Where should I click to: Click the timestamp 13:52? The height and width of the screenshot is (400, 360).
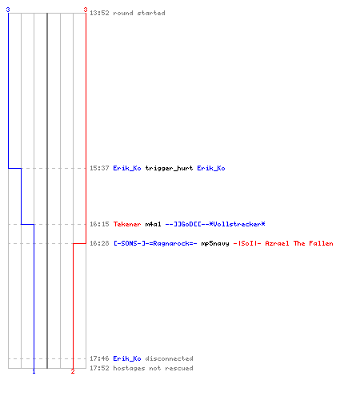[99, 13]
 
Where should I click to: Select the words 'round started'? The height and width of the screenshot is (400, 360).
[139, 13]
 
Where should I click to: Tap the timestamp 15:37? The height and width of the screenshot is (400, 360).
[99, 168]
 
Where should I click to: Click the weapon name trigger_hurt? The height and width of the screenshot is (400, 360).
[169, 168]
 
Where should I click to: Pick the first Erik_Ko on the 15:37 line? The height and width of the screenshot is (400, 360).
[127, 168]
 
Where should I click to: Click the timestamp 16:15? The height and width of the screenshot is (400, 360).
[99, 224]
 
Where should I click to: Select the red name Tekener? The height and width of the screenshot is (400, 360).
[127, 224]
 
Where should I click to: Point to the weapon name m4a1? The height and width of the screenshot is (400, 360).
[154, 224]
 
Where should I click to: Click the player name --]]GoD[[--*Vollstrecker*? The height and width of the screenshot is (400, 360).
[215, 224]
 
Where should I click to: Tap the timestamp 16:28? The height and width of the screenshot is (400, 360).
[99, 243]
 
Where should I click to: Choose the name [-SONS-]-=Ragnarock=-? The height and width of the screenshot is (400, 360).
[155, 243]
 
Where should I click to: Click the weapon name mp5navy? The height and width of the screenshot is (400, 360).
[215, 243]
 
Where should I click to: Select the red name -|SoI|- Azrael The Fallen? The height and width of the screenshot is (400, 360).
[283, 243]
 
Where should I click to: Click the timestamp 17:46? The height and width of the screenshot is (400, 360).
[99, 358]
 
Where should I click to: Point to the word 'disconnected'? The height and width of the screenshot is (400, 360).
[169, 358]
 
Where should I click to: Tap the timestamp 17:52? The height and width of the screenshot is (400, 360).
[99, 368]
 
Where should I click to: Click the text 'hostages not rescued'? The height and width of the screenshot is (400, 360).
[153, 368]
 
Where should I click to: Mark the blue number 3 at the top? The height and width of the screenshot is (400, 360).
[8, 10]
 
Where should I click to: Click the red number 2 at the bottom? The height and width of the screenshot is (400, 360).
[73, 371]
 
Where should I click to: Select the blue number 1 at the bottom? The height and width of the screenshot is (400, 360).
[34, 371]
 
